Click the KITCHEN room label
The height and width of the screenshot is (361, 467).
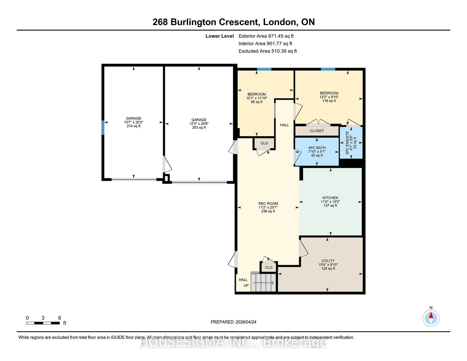point(330,198)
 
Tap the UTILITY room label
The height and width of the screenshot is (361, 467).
point(328,261)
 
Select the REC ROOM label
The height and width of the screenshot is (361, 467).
point(268,203)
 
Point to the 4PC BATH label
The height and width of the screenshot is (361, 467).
point(317,148)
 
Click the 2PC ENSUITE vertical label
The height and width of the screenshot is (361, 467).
point(347,143)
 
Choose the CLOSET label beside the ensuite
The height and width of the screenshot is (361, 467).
point(317,131)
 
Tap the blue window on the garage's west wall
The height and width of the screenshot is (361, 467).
point(103,128)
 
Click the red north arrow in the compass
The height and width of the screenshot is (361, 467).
point(431,315)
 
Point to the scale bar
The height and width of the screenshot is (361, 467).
point(43,323)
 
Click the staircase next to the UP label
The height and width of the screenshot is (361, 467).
point(263,282)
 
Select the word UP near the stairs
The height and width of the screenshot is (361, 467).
point(246,285)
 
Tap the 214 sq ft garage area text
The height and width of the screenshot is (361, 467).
point(133,126)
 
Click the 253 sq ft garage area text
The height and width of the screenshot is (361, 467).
point(199,128)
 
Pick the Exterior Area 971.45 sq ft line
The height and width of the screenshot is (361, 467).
point(266,36)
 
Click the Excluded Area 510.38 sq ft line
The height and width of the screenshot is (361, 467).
point(268,51)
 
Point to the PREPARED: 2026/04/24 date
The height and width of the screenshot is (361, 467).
point(233,322)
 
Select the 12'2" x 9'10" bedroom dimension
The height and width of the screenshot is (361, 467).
point(329,97)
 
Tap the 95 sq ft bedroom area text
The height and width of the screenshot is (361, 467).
point(257,102)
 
